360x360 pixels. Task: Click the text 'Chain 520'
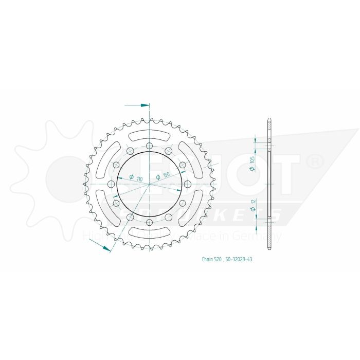click(x=211, y=260)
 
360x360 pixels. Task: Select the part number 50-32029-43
click(x=238, y=260)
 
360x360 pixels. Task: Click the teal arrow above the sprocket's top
click(x=143, y=105)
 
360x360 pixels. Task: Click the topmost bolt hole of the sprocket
click(x=149, y=146)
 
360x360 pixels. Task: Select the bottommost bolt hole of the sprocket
click(x=149, y=222)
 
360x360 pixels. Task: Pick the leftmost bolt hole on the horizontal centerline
click(x=111, y=184)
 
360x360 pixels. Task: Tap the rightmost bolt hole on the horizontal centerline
click(x=187, y=184)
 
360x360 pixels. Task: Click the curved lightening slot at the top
click(x=149, y=135)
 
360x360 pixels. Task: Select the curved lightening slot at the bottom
click(x=149, y=232)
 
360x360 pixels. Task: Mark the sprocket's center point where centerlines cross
click(x=149, y=184)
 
